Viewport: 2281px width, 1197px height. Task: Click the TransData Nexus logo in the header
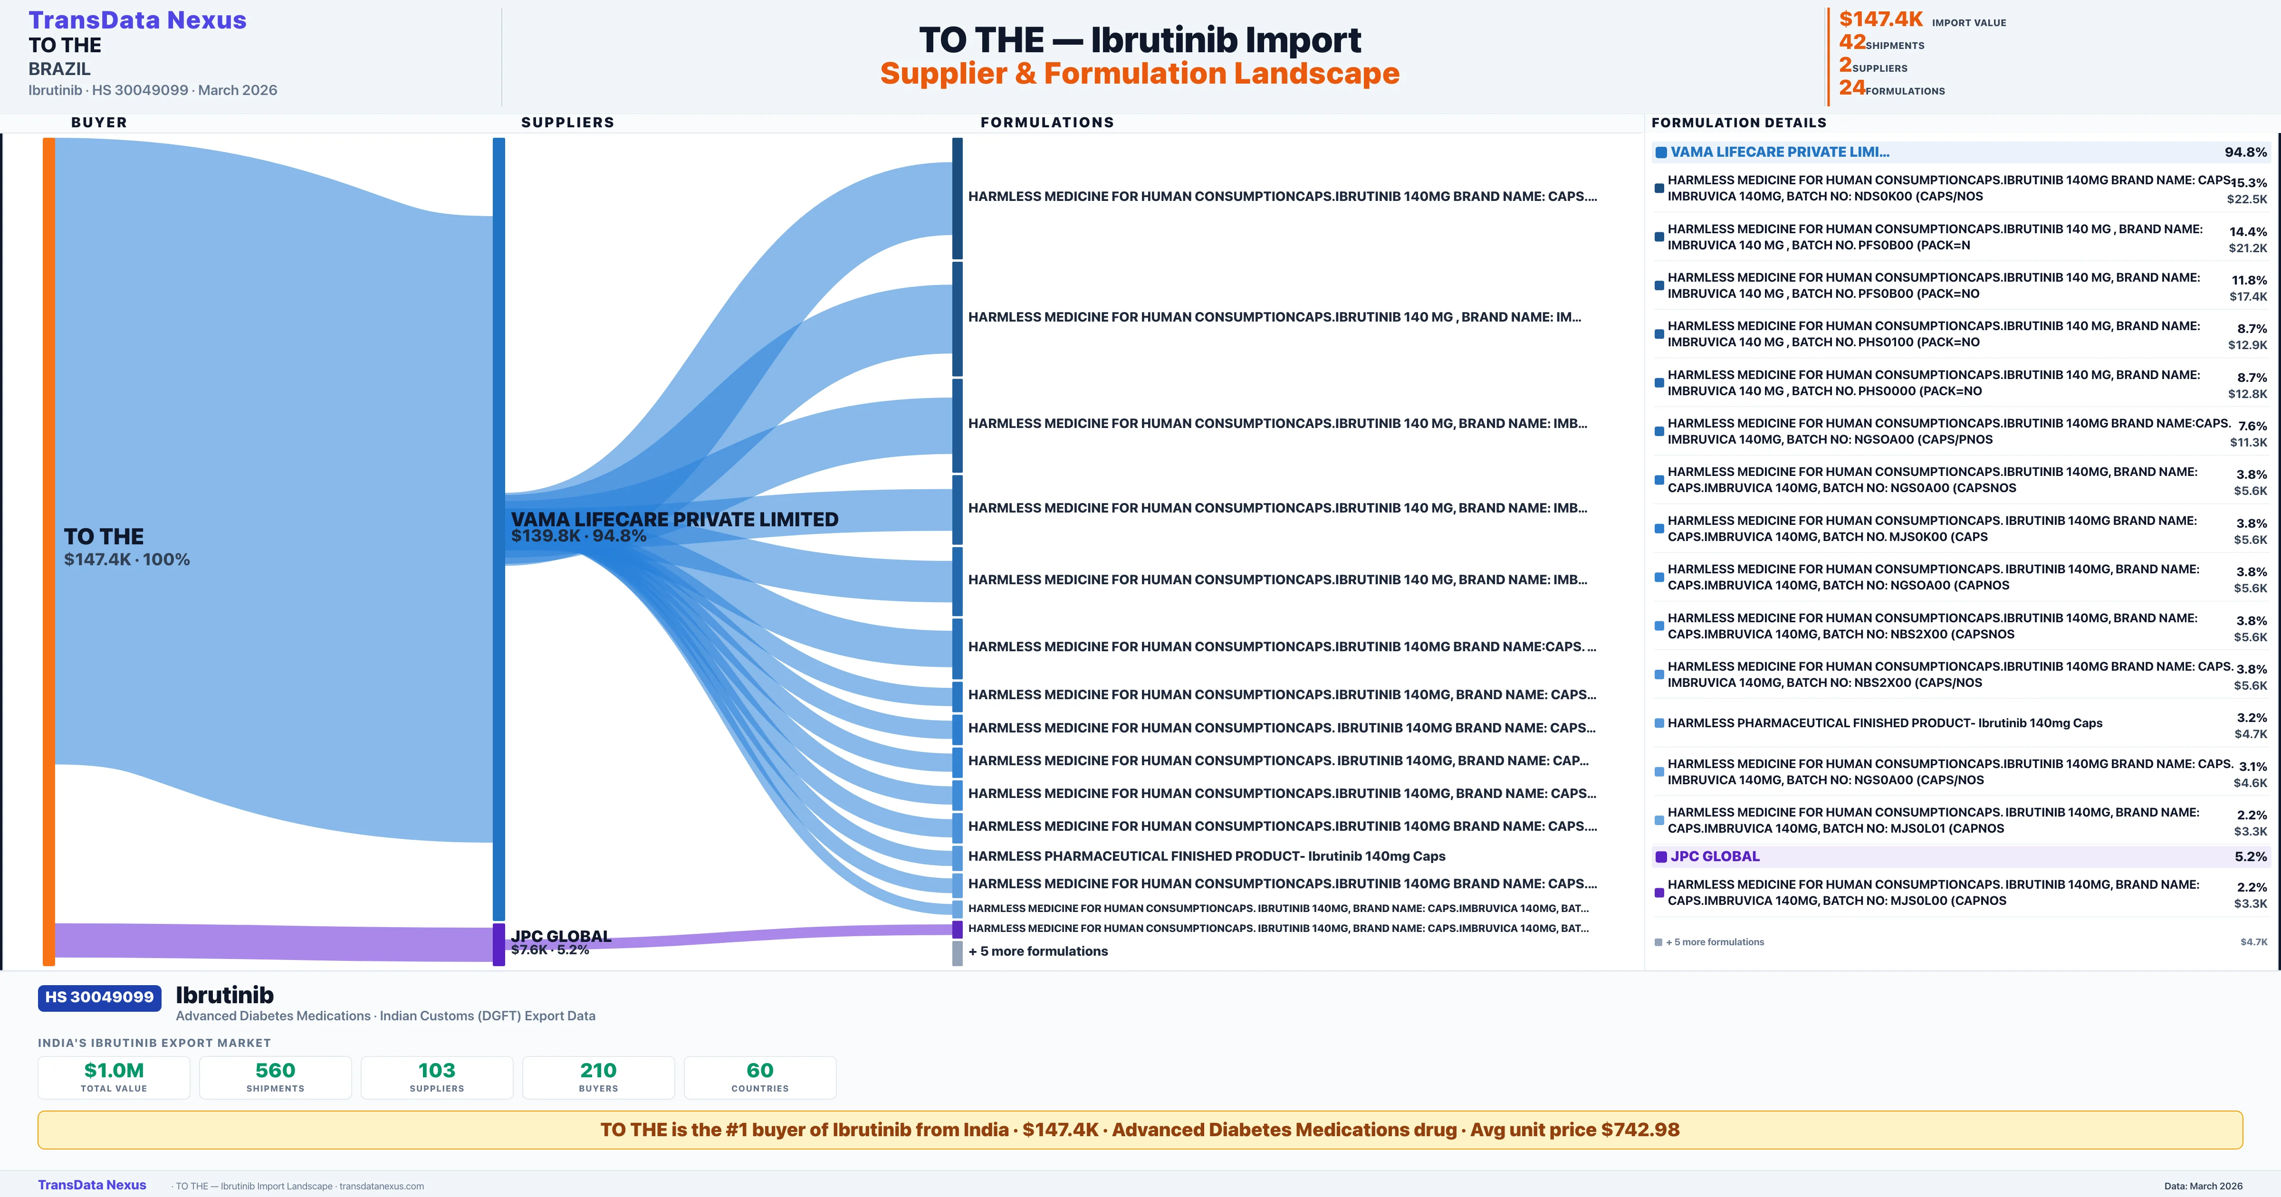pos(137,20)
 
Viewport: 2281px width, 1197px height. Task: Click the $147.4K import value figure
pos(1880,19)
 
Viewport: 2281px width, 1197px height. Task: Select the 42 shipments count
pos(1851,42)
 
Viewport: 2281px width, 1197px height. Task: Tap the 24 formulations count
pos(1851,88)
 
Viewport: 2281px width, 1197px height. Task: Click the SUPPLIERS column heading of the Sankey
pos(567,122)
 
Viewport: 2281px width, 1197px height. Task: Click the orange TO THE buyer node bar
pos(48,549)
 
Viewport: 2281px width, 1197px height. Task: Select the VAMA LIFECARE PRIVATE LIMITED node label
pos(674,520)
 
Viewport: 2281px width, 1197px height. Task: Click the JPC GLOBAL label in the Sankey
pos(561,936)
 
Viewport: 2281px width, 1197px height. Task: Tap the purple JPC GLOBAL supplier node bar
pos(498,944)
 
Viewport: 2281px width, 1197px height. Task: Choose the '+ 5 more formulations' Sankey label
pos(1038,951)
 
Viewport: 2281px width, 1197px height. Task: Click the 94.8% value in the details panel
pos(2245,152)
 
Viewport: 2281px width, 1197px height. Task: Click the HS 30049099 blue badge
pos(99,998)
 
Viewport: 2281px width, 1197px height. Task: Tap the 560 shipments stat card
pos(276,1077)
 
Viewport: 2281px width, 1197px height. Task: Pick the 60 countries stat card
pos(760,1077)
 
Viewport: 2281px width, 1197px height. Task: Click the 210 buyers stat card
pos(599,1077)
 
